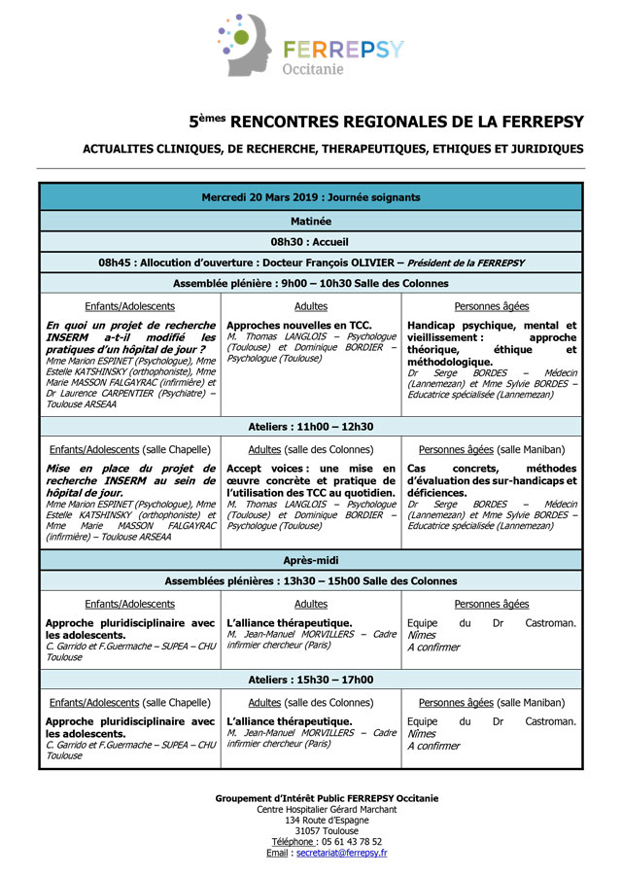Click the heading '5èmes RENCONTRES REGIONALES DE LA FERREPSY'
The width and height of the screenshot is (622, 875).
click(x=387, y=122)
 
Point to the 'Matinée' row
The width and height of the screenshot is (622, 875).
click(x=311, y=221)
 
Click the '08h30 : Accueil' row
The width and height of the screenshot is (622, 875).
click(x=311, y=242)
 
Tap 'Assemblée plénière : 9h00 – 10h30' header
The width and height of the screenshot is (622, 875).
click(x=311, y=284)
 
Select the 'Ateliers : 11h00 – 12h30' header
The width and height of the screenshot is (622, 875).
click(x=311, y=427)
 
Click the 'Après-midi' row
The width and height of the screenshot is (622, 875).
click(x=311, y=561)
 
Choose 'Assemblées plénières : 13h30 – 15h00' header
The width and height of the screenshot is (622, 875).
click(x=311, y=581)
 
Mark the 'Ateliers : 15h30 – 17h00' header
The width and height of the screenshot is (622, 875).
click(x=311, y=680)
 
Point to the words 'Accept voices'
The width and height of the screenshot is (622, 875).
click(x=258, y=469)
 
